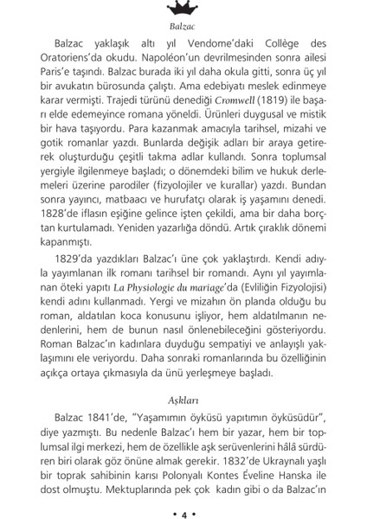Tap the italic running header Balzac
(x=183, y=26)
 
